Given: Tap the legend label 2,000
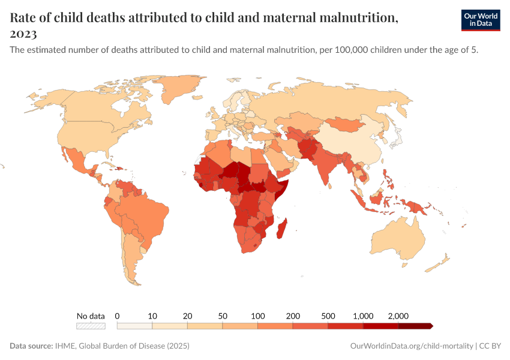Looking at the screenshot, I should (x=398, y=316).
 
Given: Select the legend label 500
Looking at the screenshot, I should (x=328, y=316).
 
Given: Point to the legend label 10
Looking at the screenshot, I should (x=152, y=316).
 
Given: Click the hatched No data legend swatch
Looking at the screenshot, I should (x=91, y=326).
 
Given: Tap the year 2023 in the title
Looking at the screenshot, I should (x=23, y=34).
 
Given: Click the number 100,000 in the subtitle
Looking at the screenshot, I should (x=336, y=50).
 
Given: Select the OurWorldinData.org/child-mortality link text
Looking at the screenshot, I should (x=411, y=346).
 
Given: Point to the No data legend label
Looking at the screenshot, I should (x=91, y=316).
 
